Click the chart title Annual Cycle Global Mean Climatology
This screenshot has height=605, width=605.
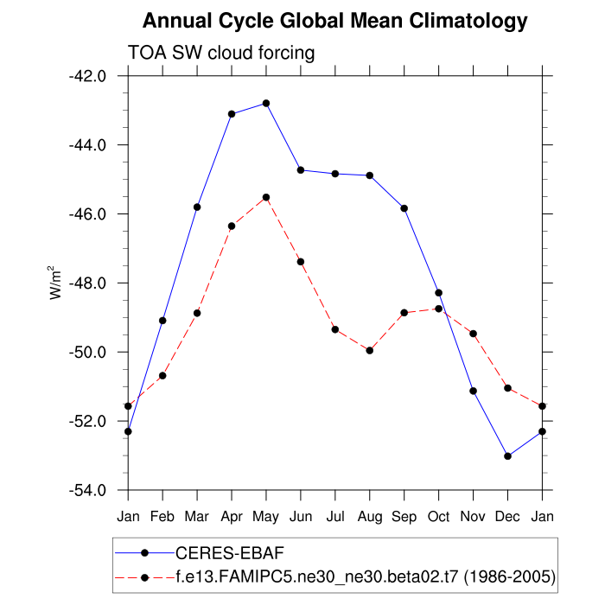click(x=335, y=20)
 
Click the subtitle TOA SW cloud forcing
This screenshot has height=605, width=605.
click(x=221, y=53)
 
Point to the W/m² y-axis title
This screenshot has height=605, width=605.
click(x=55, y=282)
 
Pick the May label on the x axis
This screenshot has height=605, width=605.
click(x=266, y=517)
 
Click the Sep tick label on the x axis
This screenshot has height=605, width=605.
click(x=404, y=517)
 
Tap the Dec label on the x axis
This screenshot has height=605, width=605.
click(x=508, y=517)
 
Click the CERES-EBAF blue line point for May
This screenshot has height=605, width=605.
click(x=266, y=103)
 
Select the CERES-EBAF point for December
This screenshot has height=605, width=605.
click(x=508, y=456)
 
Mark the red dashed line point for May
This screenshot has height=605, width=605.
click(x=266, y=197)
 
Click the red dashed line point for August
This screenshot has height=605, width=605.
click(x=370, y=350)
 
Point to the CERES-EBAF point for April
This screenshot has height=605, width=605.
click(x=232, y=113)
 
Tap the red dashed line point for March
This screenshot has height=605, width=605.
click(x=197, y=313)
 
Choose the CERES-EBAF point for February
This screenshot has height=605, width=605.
click(x=162, y=321)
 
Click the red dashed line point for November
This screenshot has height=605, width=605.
click(x=474, y=334)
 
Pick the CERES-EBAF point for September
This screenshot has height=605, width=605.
click(x=404, y=208)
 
